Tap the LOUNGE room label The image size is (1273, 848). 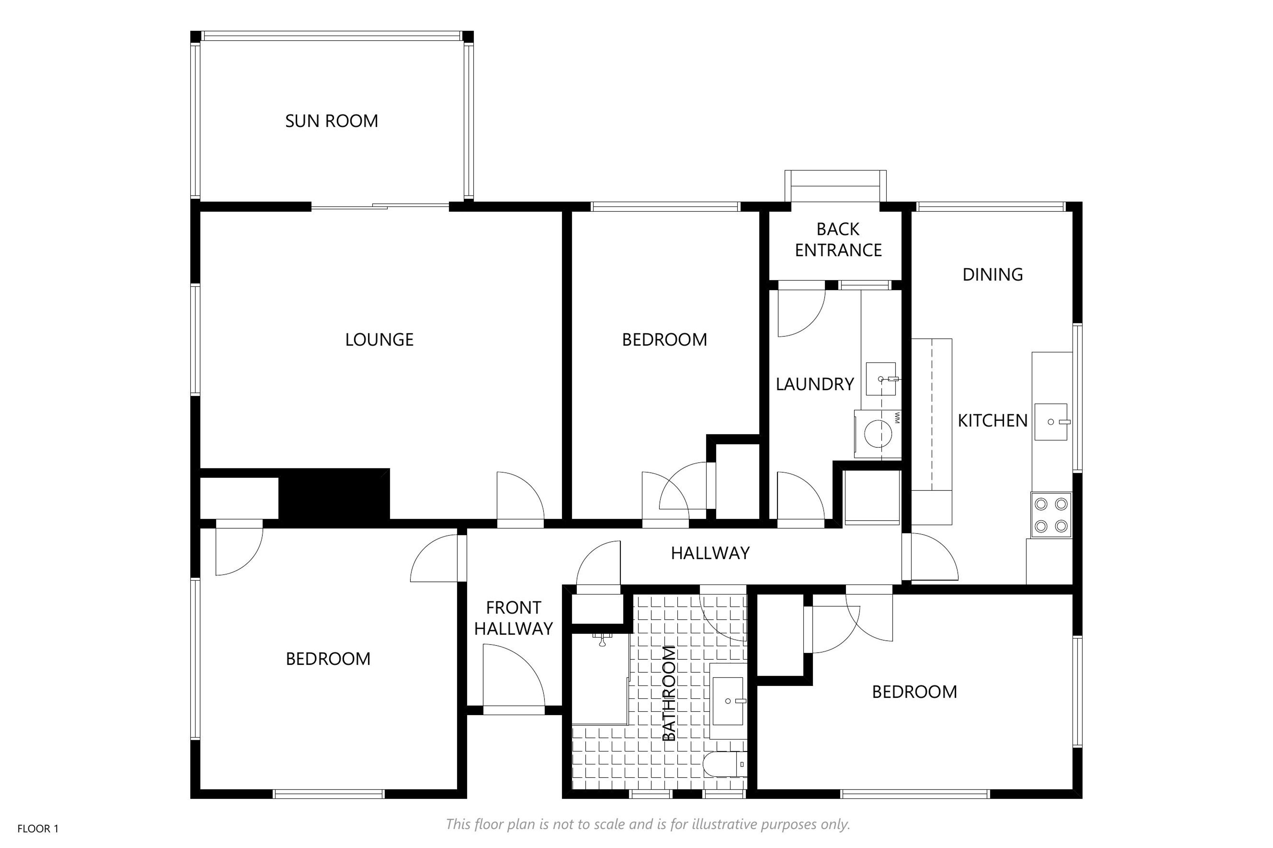point(379,340)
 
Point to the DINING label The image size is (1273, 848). point(993,275)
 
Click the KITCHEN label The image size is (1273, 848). point(993,421)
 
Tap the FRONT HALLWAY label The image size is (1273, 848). point(514,618)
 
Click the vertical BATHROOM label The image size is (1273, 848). point(669,693)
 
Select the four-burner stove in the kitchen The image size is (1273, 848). point(1051,515)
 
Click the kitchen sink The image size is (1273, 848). point(1052,422)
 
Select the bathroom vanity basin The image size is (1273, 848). point(728,701)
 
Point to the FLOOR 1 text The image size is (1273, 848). point(38,828)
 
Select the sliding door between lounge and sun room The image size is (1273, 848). point(380,206)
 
